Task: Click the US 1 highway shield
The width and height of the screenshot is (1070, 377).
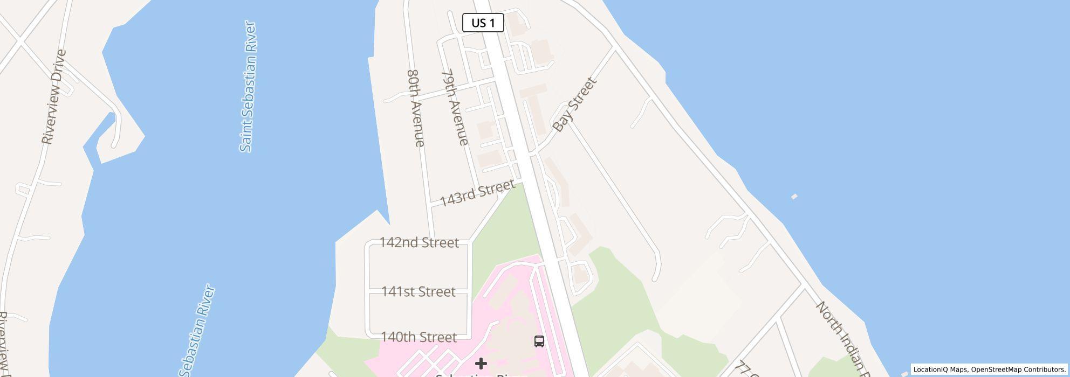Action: (x=483, y=23)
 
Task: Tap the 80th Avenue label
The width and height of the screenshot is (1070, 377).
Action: (x=416, y=108)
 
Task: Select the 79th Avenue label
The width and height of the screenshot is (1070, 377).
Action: (x=455, y=107)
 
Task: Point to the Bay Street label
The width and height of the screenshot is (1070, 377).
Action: (x=575, y=104)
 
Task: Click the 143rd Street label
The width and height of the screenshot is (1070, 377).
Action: (x=477, y=193)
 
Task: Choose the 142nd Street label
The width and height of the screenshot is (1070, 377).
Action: (x=419, y=242)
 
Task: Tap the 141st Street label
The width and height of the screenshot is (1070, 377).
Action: (x=418, y=291)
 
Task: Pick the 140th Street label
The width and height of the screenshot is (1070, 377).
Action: (x=419, y=337)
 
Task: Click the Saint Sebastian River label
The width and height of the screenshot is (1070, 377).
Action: (x=248, y=86)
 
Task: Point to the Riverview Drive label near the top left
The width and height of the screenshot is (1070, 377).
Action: (x=54, y=97)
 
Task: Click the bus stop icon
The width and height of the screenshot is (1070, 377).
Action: (x=539, y=341)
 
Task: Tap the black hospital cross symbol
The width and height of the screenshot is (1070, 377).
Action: (x=481, y=364)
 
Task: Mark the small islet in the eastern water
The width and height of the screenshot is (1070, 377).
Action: (x=794, y=197)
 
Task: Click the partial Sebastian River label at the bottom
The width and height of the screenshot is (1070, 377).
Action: (x=198, y=331)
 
